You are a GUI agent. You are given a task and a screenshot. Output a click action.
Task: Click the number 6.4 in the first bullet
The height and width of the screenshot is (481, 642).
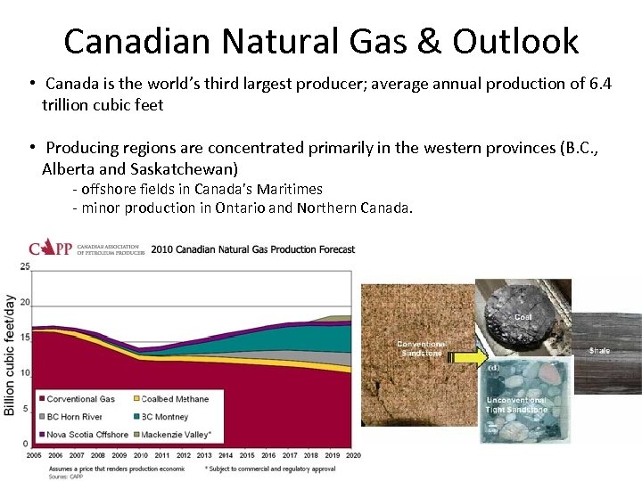pyautogui.click(x=601, y=84)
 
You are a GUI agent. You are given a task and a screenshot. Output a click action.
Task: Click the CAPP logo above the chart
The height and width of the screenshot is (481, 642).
pyautogui.click(x=50, y=248)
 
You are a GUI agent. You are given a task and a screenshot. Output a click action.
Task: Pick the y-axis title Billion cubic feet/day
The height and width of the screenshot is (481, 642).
pyautogui.click(x=10, y=355)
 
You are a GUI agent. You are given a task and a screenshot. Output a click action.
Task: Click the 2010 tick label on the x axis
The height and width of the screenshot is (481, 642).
pyautogui.click(x=141, y=455)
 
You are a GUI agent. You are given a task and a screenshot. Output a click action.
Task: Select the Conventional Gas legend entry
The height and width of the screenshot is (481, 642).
pyautogui.click(x=80, y=399)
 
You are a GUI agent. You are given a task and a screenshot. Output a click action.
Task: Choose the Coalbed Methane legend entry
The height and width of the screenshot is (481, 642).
pyautogui.click(x=175, y=399)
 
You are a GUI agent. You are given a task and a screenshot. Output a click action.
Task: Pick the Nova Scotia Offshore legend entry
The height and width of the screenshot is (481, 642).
pyautogui.click(x=86, y=435)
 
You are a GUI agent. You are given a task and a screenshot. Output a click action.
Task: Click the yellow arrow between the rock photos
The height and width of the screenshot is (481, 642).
pyautogui.click(x=463, y=357)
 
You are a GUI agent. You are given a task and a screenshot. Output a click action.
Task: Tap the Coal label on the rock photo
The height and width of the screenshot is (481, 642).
pyautogui.click(x=523, y=317)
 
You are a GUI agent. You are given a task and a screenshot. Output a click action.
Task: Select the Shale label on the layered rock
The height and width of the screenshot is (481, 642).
pyautogui.click(x=599, y=350)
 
